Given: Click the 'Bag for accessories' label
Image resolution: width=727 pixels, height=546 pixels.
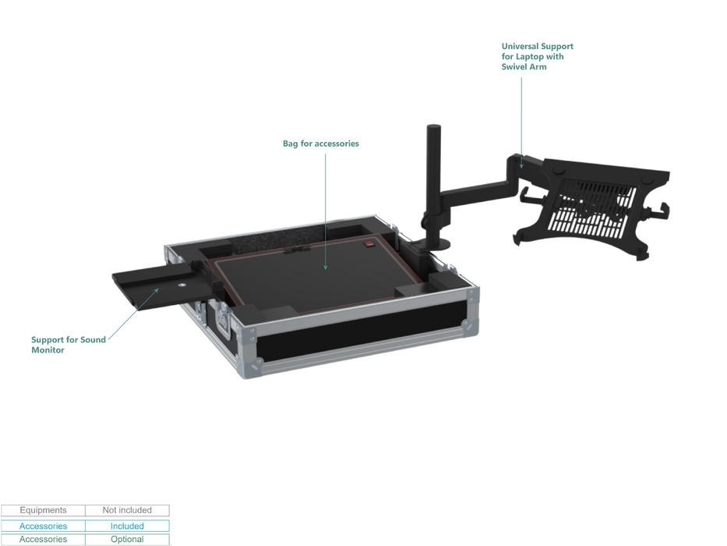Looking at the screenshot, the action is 321,144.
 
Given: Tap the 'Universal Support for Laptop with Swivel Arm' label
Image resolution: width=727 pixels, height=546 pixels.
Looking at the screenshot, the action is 538,57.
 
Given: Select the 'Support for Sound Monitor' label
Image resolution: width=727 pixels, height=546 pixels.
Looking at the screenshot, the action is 69,345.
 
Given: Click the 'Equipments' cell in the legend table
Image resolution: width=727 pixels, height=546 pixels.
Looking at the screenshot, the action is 43,510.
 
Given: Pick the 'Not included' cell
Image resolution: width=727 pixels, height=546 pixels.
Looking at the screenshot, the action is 127,510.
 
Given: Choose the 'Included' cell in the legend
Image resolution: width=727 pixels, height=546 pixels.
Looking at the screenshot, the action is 127,526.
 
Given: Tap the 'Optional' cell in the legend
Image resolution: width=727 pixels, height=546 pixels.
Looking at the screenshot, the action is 127,540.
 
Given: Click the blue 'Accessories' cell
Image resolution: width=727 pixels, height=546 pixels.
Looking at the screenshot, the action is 43,526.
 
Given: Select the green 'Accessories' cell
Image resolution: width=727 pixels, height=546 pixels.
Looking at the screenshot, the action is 43,540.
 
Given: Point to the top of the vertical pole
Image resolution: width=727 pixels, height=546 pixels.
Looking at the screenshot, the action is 433,126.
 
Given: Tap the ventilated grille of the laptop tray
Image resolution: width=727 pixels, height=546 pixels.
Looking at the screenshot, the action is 591,207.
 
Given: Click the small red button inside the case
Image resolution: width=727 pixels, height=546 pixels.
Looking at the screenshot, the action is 369,243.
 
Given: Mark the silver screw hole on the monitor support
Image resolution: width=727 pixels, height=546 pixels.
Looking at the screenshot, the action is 182,285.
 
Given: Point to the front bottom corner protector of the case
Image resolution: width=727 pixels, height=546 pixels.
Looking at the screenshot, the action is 250,367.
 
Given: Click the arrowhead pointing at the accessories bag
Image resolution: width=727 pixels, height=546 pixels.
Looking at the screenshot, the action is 326,267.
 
